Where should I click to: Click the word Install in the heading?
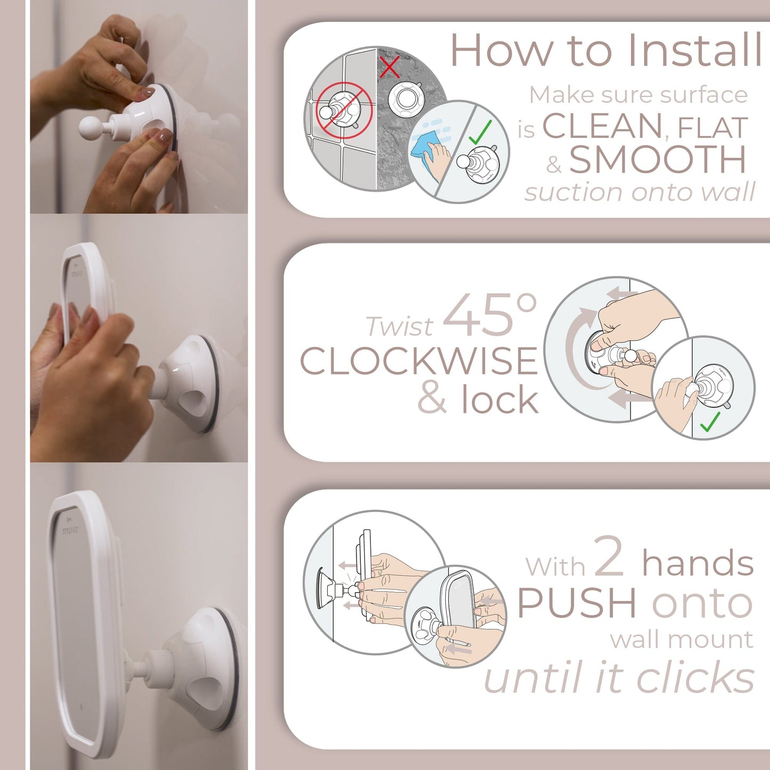(694, 51)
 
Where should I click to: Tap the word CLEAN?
(602, 127)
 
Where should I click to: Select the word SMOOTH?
(658, 160)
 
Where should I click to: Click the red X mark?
(390, 67)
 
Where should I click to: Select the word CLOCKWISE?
(419, 361)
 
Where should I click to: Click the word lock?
(500, 400)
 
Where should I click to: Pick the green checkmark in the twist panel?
(710, 422)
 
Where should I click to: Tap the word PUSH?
(577, 604)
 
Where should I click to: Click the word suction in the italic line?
(565, 192)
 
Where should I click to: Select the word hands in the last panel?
(698, 564)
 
